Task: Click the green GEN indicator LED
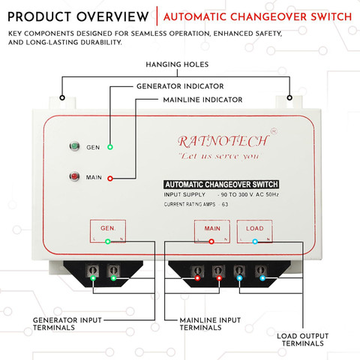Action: [x=74, y=146]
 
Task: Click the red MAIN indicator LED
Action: [x=74, y=176]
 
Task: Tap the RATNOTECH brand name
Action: [x=223, y=141]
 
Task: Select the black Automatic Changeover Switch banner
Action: [x=221, y=184]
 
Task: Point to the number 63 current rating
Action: [x=225, y=204]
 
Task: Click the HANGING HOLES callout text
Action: [x=177, y=64]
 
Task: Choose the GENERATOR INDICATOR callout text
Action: [x=180, y=86]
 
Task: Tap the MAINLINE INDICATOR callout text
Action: [x=202, y=100]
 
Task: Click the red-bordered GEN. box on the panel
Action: [x=108, y=231]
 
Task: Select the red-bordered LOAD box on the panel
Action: [x=254, y=231]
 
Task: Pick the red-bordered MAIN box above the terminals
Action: [x=212, y=231]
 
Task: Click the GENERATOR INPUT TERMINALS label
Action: [x=67, y=324]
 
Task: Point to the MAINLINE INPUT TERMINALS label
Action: [x=210, y=324]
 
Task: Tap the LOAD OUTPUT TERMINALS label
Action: [x=302, y=340]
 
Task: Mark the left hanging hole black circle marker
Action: [x=62, y=97]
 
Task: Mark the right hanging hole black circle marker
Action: [x=289, y=97]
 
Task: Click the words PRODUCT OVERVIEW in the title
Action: [x=78, y=16]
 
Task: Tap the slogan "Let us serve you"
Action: [x=220, y=156]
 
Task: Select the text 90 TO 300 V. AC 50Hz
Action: [x=250, y=194]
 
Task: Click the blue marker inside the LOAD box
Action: [x=255, y=241]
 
